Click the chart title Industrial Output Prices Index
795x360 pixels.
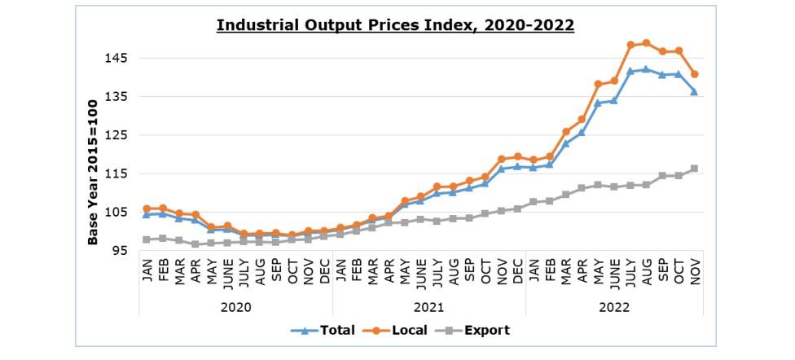[x=395, y=25]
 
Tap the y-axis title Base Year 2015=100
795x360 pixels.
[x=93, y=172]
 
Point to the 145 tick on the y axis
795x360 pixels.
[x=115, y=59]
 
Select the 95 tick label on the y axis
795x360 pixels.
[x=118, y=251]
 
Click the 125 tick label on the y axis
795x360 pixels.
[x=115, y=135]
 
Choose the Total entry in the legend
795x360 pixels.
[x=325, y=331]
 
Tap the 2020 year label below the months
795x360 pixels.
[x=235, y=307]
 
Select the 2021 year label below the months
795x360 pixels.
[x=428, y=307]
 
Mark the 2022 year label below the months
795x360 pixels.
[x=614, y=307]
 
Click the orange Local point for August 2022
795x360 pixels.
[x=647, y=43]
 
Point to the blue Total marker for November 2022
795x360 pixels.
[x=695, y=91]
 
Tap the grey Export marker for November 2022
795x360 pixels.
[x=695, y=169]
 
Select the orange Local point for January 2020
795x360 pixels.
[x=147, y=209]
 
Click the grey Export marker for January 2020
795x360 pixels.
[x=147, y=239]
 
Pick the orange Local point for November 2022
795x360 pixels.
[x=695, y=74]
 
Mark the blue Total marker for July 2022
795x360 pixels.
[x=630, y=71]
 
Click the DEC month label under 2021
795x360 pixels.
[x=517, y=276]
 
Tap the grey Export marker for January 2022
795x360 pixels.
[x=534, y=201]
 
